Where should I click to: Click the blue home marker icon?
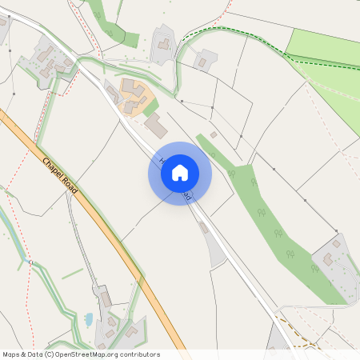[180, 173]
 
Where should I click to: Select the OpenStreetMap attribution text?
[80, 354]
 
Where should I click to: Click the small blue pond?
[89, 320]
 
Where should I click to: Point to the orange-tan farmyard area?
[132, 96]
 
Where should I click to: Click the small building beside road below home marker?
[204, 228]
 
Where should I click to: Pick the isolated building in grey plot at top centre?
[164, 44]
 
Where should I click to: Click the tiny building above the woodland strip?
[213, 134]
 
